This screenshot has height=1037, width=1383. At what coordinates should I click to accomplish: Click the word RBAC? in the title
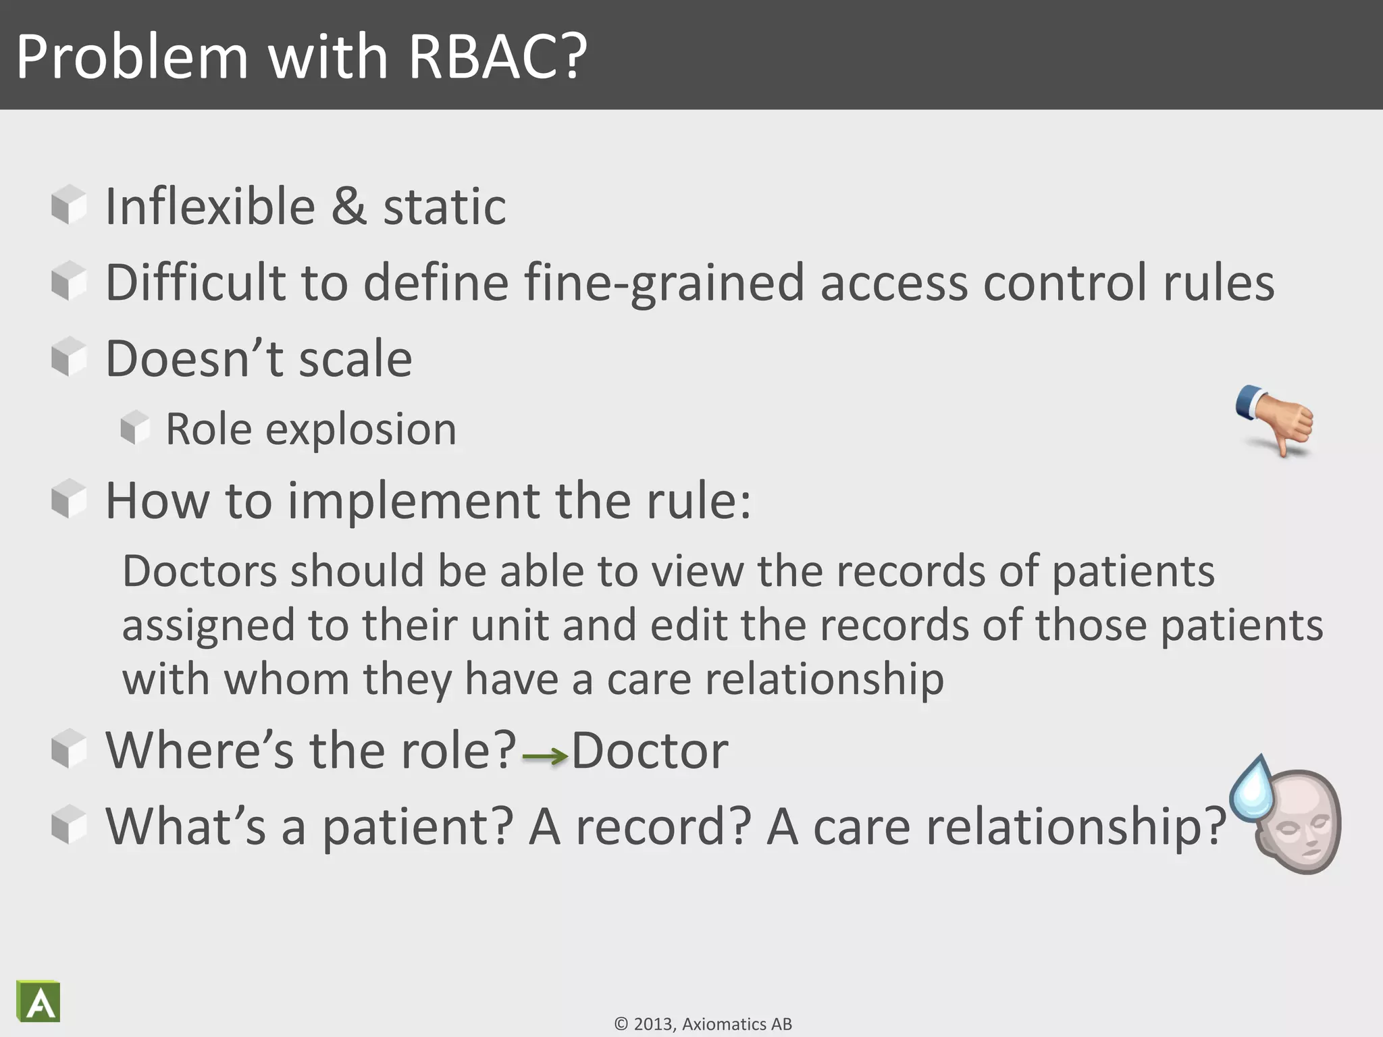[498, 57]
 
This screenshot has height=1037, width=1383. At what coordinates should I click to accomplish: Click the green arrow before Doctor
[544, 756]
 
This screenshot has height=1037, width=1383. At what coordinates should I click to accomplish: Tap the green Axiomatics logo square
[39, 1003]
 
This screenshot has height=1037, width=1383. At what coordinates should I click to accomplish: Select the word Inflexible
[210, 207]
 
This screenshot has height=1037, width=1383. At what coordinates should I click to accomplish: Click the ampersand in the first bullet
[349, 207]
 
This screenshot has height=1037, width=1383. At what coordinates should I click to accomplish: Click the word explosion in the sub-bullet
[361, 429]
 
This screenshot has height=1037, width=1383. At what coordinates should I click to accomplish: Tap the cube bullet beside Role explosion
[135, 428]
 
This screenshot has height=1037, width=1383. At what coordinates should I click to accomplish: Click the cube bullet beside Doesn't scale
[69, 356]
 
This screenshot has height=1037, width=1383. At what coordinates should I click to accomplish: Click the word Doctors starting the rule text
[199, 572]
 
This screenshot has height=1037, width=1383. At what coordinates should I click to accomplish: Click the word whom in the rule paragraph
[286, 679]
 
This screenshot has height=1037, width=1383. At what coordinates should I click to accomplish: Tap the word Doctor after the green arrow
[650, 751]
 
